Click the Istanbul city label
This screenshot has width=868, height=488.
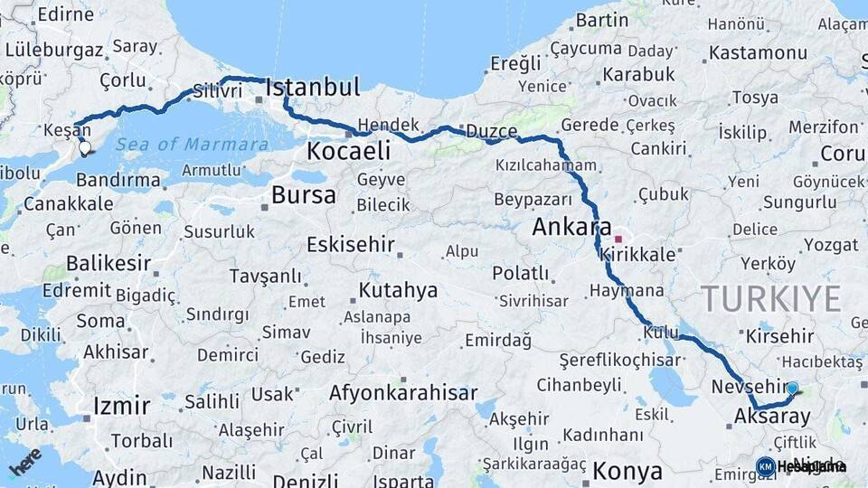(x=313, y=88)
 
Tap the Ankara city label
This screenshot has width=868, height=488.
(x=571, y=227)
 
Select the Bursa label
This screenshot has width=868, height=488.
(x=303, y=195)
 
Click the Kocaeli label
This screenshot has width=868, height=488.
(x=348, y=150)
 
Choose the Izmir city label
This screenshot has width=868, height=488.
(x=121, y=406)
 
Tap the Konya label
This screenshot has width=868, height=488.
(x=627, y=471)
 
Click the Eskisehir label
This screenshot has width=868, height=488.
(x=351, y=245)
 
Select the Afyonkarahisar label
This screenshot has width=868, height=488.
(x=402, y=394)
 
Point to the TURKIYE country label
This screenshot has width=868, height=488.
(x=771, y=298)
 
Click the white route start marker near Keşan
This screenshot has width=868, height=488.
(x=85, y=147)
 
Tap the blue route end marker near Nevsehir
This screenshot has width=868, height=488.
(x=792, y=389)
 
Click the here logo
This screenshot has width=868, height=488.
(x=24, y=460)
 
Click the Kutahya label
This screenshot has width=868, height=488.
(x=398, y=291)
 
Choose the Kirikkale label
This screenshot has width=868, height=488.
(x=638, y=255)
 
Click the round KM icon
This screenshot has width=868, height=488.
(x=765, y=466)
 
